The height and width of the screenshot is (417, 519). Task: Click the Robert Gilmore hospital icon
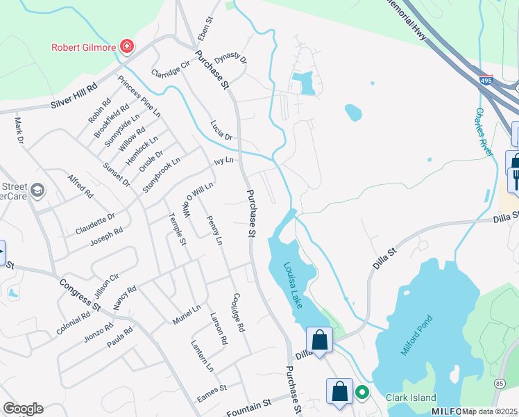point(127,47)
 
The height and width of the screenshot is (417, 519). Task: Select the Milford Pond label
point(416,335)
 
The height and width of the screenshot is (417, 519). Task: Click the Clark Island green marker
point(361,393)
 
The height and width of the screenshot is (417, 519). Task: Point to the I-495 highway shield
point(485,81)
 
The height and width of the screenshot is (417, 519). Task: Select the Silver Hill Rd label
point(74,100)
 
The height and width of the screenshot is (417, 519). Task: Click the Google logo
point(23,409)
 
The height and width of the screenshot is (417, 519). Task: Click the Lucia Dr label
point(225,131)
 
